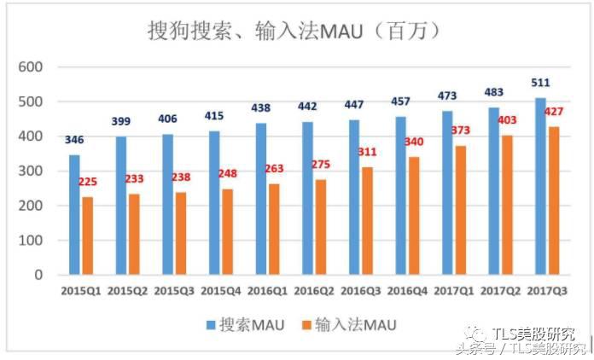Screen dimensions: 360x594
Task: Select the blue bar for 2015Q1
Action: point(74,215)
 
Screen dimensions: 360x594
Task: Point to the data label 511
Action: point(540,83)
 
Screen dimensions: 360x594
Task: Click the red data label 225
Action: point(89,181)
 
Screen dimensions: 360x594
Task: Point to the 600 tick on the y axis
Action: point(31,67)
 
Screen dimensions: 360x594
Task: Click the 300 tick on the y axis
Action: point(31,171)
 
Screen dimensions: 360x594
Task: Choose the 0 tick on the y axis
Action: point(38,276)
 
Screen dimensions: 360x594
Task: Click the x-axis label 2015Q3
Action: point(174,292)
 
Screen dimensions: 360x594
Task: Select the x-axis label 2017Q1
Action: point(452,292)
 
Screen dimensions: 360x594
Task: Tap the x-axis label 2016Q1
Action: point(267,292)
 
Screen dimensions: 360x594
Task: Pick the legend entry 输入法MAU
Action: point(347,324)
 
